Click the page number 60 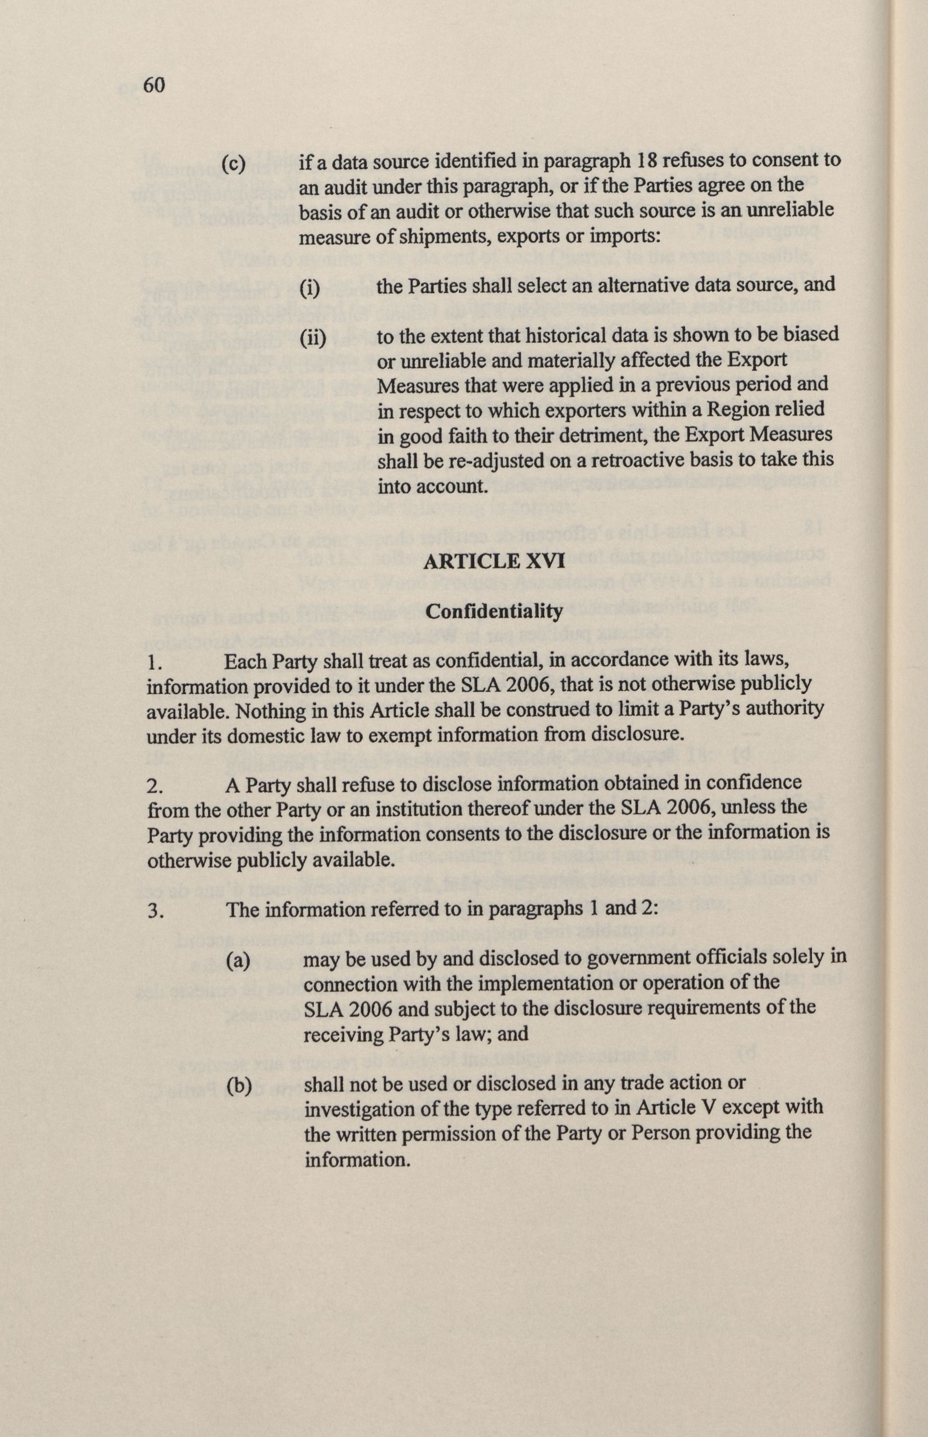tap(153, 85)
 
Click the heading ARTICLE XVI tap(494, 562)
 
